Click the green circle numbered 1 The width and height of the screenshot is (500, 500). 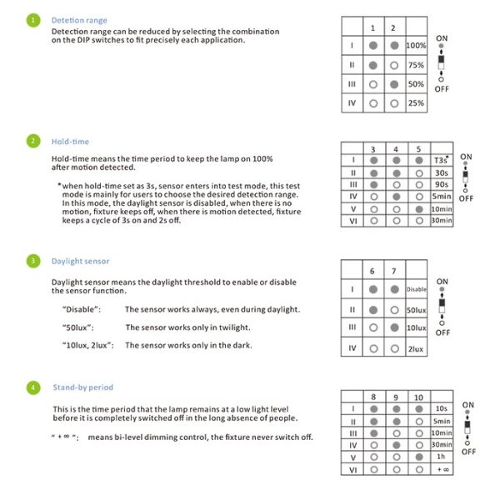[x=32, y=20]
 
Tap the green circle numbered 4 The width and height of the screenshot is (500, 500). [x=32, y=387]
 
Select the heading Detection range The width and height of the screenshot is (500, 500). [x=79, y=20]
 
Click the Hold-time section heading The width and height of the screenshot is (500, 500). [x=70, y=142]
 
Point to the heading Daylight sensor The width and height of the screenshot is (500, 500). [x=82, y=261]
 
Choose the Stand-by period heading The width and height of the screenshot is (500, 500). [x=82, y=387]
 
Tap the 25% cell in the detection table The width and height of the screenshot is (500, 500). [x=415, y=103]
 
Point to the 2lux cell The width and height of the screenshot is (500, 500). [x=416, y=348]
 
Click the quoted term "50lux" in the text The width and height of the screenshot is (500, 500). [x=77, y=327]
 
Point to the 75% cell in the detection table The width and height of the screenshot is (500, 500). [x=415, y=64]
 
